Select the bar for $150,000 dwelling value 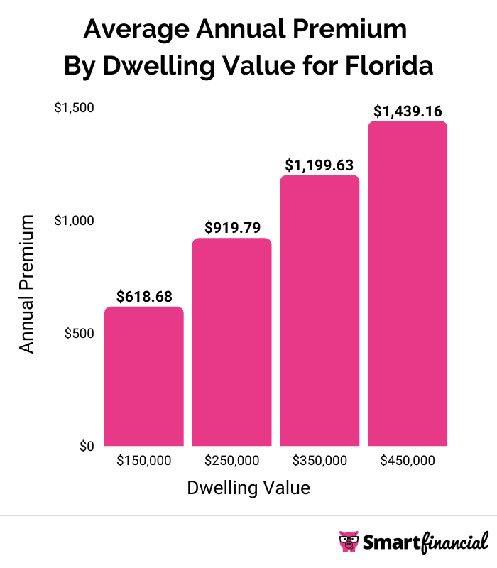click(x=144, y=376)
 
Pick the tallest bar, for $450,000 click(x=408, y=284)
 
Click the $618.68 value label click(x=144, y=295)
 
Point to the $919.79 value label click(x=232, y=227)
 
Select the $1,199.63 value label click(x=319, y=164)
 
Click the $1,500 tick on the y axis click(x=75, y=107)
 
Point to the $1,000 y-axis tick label click(x=75, y=221)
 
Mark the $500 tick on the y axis click(x=80, y=334)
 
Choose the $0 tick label click(x=86, y=446)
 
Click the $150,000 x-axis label click(x=144, y=461)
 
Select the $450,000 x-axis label click(x=408, y=461)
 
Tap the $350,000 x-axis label click(x=319, y=461)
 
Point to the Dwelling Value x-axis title click(x=248, y=488)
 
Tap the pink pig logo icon click(x=349, y=542)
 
